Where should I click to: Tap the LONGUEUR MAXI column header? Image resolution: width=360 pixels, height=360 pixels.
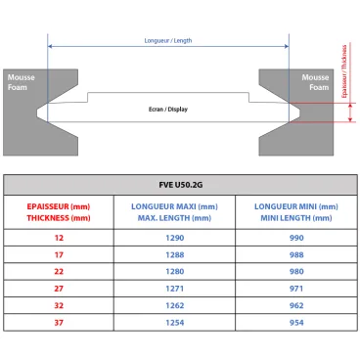point(174,212)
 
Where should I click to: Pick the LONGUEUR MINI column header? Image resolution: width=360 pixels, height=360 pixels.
point(295,212)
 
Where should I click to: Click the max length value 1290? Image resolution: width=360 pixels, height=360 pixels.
point(174,239)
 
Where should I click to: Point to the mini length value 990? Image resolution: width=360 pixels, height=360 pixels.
point(295,239)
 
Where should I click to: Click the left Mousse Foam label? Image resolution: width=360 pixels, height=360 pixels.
point(21,81)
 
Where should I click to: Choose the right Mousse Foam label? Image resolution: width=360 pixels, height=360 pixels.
point(316,81)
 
